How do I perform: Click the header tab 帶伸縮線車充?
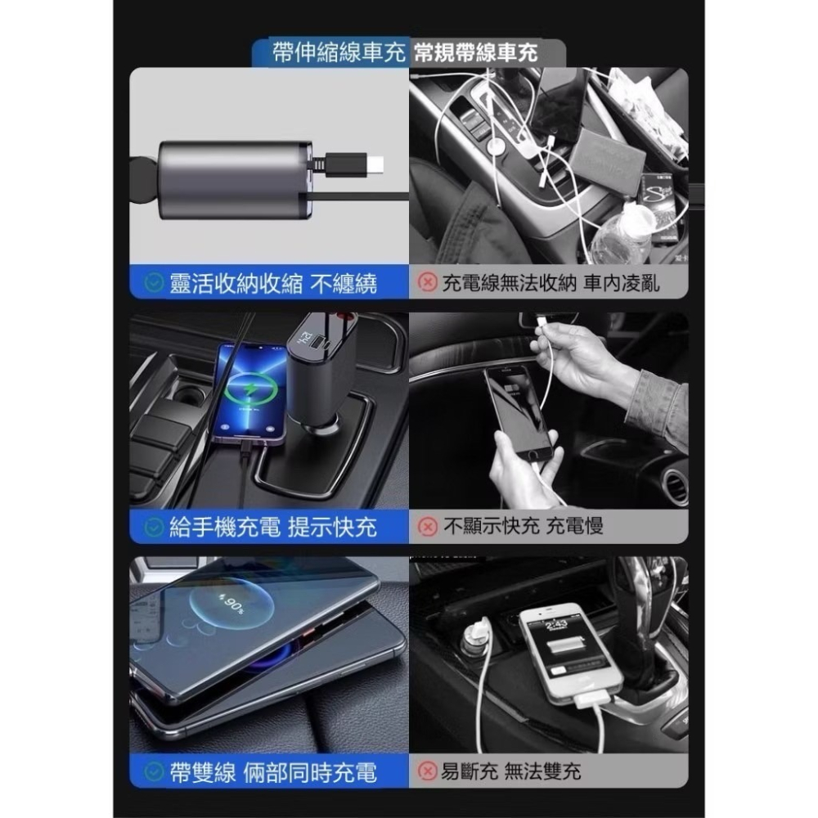339,53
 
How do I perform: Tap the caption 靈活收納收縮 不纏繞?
273,284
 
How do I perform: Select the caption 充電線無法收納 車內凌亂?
551,284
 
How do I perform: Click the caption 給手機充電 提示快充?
273,528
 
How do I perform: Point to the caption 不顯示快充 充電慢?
523,528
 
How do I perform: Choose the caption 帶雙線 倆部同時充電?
273,771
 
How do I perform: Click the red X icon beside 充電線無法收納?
427,284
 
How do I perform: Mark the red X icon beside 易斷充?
427,771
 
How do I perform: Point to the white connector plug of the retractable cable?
374,165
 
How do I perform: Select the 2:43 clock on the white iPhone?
556,626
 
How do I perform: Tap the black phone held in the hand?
521,417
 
